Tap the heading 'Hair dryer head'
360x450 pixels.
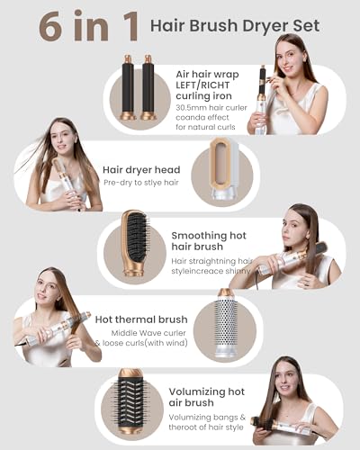point(142,168)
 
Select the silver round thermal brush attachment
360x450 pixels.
point(226,323)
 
